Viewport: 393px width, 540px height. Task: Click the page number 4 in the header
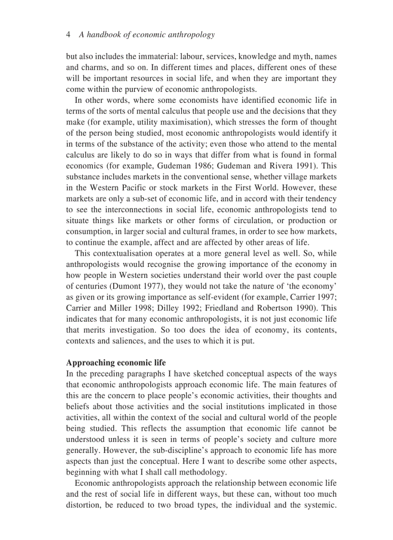(x=68, y=35)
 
